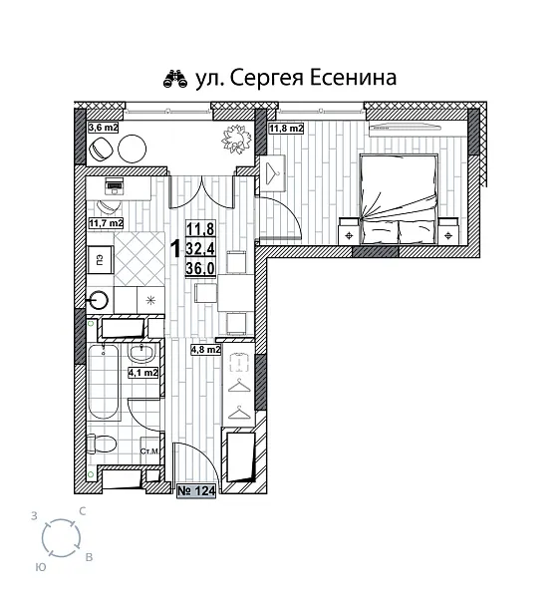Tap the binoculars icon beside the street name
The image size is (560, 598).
[x=174, y=77]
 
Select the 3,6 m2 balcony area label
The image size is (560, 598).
[x=104, y=128]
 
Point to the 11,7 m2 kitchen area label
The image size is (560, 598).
[x=107, y=223]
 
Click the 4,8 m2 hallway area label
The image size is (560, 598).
[x=206, y=349]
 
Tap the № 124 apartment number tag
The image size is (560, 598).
[x=196, y=490]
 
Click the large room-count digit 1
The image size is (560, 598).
[x=175, y=249]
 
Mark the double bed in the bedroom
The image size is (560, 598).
[x=402, y=189]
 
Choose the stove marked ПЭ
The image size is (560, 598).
[x=101, y=260]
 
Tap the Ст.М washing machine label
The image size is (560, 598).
[x=150, y=451]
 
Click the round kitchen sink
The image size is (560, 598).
[x=98, y=298]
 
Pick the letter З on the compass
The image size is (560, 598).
[x=36, y=515]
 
